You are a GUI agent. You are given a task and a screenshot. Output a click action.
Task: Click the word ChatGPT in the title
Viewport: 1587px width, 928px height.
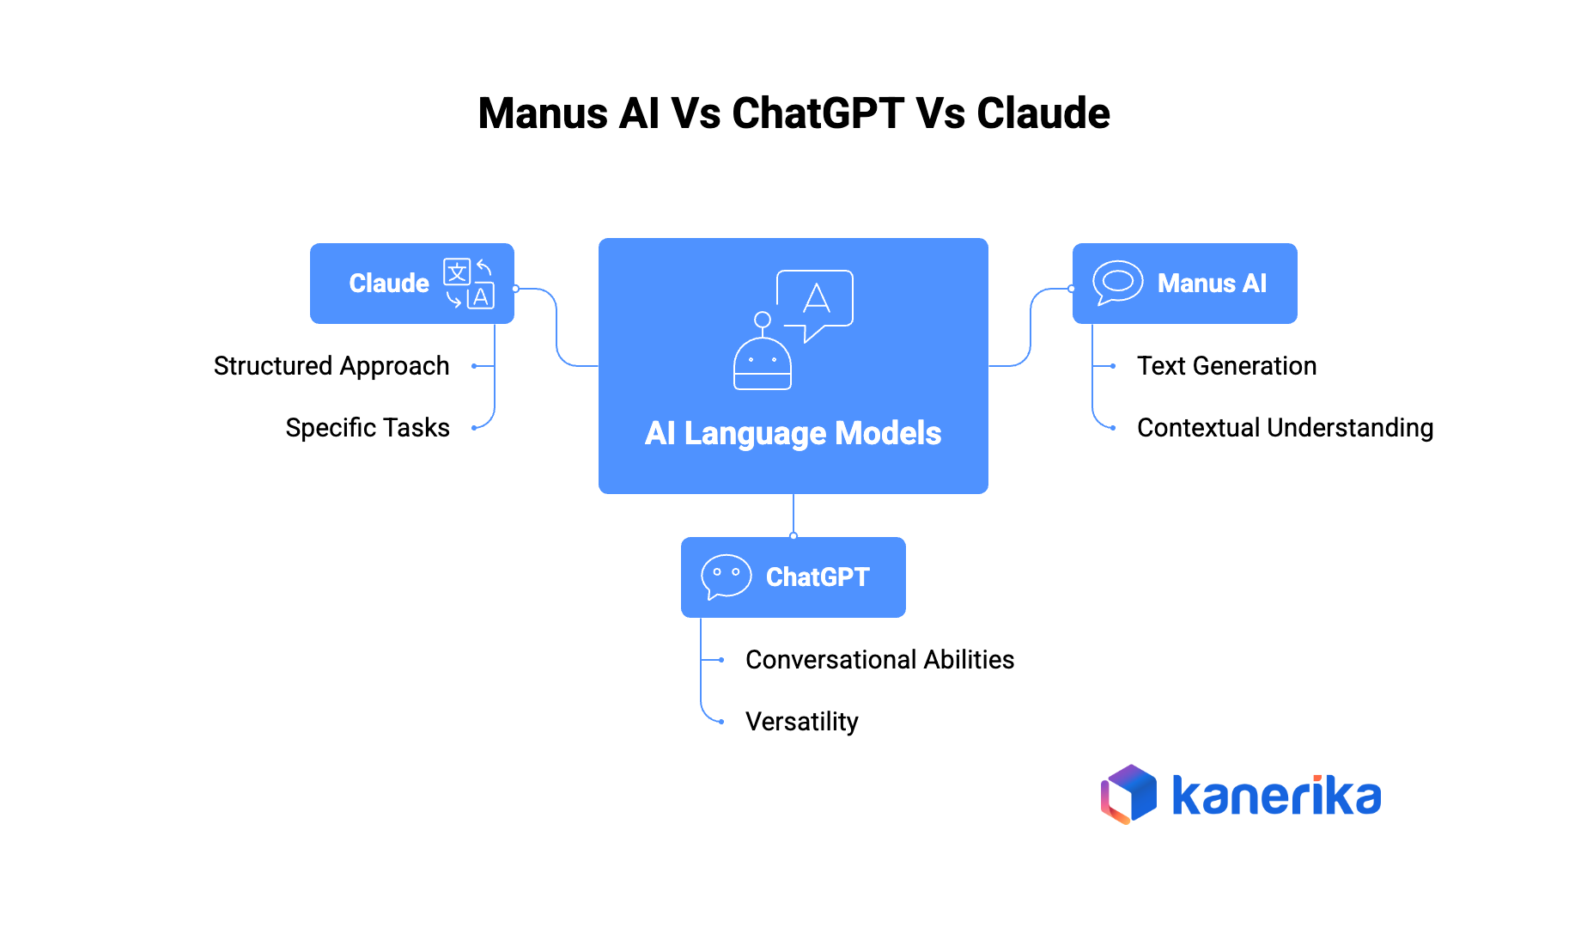pos(818,113)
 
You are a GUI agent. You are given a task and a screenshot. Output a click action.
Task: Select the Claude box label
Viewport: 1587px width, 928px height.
pos(388,284)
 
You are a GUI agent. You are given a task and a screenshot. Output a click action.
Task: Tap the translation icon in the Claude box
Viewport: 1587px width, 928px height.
pos(469,284)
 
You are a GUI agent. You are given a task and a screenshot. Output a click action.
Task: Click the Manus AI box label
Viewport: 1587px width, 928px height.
pos(1212,284)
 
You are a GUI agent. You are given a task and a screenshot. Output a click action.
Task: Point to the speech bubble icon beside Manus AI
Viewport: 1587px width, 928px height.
pos(1117,283)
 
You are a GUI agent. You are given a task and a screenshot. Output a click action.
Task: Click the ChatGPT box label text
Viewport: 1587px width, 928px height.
pos(818,577)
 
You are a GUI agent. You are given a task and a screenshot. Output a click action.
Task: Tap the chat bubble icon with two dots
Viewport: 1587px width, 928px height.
pos(726,576)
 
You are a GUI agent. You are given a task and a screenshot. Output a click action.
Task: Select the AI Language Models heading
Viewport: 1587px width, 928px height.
pos(793,433)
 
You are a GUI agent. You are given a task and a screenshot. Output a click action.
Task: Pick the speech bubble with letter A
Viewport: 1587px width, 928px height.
pos(815,302)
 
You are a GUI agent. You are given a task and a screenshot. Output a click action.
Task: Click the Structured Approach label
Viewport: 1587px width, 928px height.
pos(331,366)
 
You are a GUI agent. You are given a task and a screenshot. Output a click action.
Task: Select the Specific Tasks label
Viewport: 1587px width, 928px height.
pos(368,428)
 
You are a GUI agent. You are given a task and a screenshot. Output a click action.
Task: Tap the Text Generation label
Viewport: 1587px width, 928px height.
pos(1226,366)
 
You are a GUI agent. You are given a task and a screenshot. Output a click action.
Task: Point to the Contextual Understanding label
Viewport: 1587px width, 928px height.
pos(1285,428)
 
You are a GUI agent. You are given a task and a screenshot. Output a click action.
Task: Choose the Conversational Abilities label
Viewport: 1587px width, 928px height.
pos(879,660)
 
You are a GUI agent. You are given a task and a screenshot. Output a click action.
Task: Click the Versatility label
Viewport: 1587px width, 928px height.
pos(801,722)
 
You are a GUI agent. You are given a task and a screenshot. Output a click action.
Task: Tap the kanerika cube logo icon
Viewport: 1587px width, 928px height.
pos(1128,794)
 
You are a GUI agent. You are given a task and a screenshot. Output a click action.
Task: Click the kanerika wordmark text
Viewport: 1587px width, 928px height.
pos(1276,796)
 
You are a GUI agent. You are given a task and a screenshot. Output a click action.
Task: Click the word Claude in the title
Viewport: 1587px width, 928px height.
pos(1043,113)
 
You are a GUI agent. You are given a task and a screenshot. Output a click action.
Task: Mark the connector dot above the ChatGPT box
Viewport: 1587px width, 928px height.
pos(793,536)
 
